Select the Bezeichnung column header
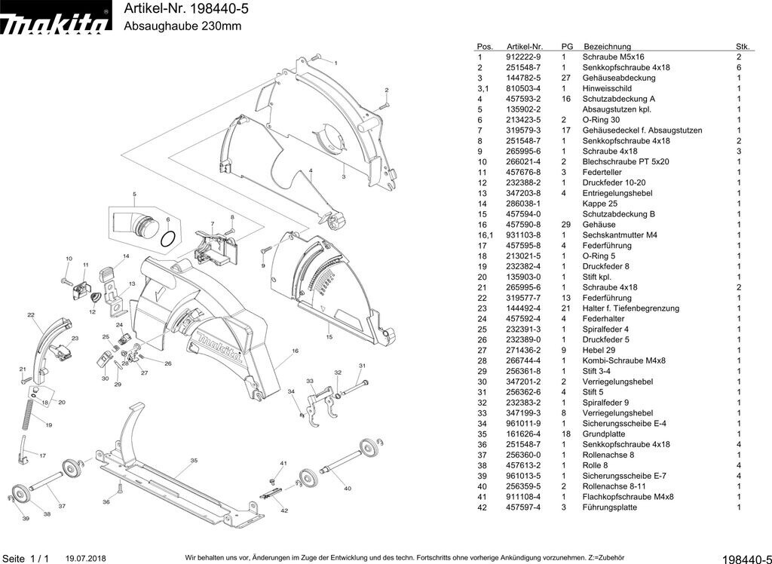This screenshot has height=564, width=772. pos(607,47)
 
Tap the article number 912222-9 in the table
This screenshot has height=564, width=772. pos(523,57)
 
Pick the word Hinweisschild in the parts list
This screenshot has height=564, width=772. pos(607,89)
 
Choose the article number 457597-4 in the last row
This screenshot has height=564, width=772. pos(523,508)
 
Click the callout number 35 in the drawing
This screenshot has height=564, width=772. pos(194,460)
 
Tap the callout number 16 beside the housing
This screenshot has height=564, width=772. pos(295,351)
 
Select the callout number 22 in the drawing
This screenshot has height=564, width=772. pos(31,315)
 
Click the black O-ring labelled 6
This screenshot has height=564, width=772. pos(169,238)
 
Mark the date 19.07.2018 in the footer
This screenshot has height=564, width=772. pos(86,559)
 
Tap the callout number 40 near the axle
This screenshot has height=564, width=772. pos(347,489)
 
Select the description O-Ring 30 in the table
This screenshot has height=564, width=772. pos(601,121)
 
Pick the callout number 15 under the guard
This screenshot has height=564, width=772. pos(329,337)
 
